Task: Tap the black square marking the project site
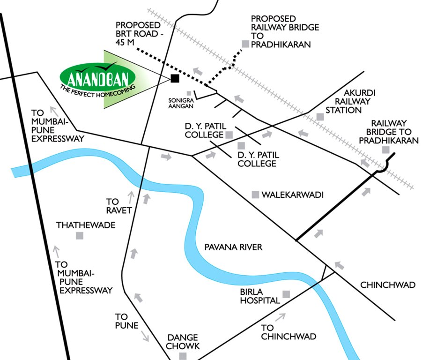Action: coord(175,78)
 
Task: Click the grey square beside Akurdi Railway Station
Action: coord(320,116)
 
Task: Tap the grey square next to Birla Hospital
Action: coord(286,294)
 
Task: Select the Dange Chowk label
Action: coord(184,342)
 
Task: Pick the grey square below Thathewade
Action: coord(80,236)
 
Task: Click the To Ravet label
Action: coord(115,205)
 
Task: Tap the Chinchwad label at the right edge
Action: coord(388,285)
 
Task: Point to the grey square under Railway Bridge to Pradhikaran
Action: coord(385,150)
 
